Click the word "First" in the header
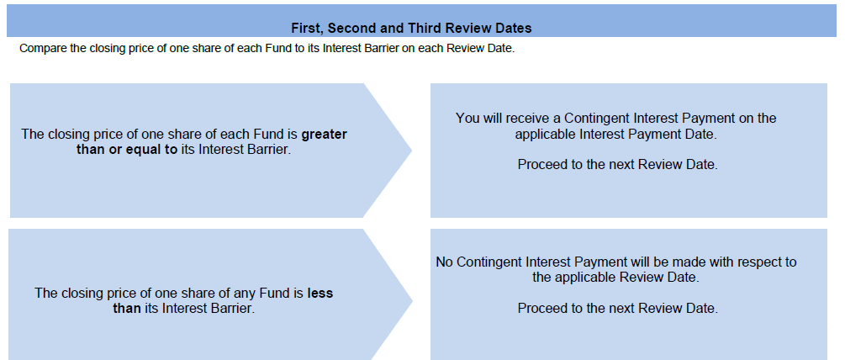click(306, 28)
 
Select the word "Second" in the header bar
click(349, 28)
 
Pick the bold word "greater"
click(324, 135)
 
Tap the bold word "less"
click(320, 294)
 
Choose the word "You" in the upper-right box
click(467, 118)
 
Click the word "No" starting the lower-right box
click(444, 262)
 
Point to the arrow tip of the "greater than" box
click(412, 151)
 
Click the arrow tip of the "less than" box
click(412, 301)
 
